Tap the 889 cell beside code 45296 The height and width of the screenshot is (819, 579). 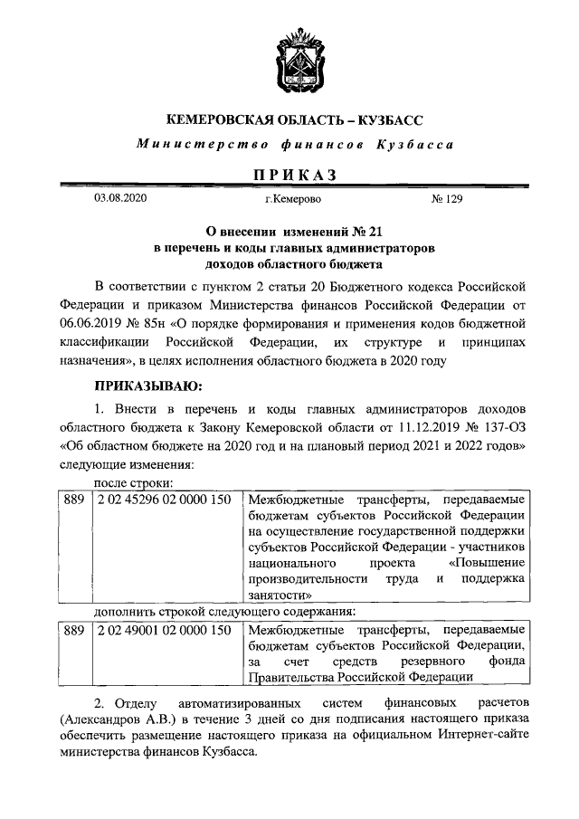pyautogui.click(x=73, y=498)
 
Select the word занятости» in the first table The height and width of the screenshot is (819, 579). pyautogui.click(x=280, y=595)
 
